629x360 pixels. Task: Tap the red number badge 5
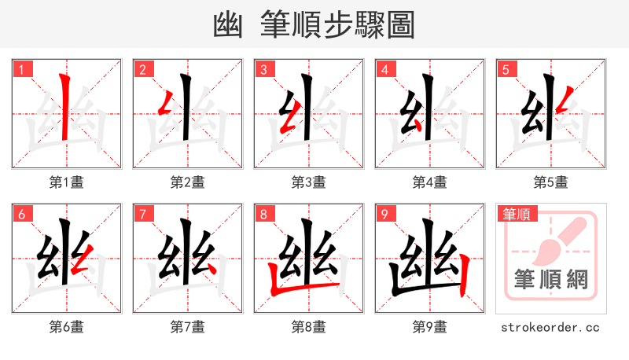[506, 69]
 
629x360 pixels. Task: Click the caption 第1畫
[66, 182]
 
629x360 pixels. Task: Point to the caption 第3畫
[308, 182]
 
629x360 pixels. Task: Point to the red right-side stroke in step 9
[465, 275]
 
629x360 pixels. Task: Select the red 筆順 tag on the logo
[518, 214]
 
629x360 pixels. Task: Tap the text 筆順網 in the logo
[550, 279]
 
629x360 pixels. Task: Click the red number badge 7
[142, 214]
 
